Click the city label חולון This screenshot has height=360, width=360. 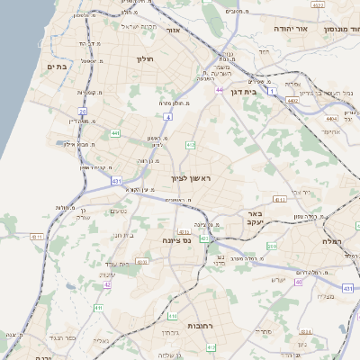coord(146,58)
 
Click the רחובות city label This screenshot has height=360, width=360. coord(199,324)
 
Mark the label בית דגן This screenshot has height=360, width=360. coord(257,91)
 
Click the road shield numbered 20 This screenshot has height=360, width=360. coord(82,112)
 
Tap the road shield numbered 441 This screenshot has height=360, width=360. coord(115,133)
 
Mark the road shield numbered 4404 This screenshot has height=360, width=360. coord(331,118)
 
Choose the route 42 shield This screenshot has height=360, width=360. coord(107,284)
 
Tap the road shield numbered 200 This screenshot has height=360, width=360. coord(273,245)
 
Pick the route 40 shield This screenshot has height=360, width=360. coord(298,282)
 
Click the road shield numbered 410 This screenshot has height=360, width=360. coord(172,316)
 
